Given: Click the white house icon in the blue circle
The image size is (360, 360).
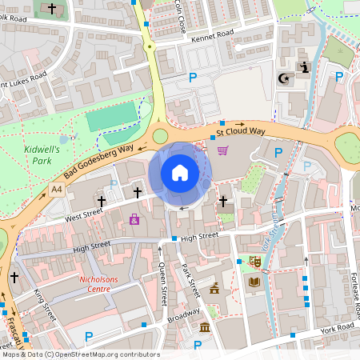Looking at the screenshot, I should [179, 172].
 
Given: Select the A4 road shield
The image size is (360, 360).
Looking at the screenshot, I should [55, 190].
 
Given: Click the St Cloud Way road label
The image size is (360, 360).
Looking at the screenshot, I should [240, 130].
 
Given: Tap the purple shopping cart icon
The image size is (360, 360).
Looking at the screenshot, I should [222, 150].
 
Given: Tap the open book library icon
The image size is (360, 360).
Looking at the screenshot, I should [254, 282].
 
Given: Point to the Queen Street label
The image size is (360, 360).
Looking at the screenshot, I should [162, 284].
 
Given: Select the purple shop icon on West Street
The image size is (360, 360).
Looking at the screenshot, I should [134, 219].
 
